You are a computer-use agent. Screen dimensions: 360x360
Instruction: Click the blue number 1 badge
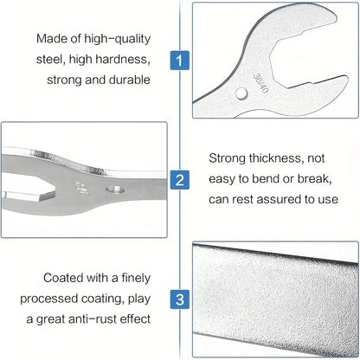pyautogui.click(x=179, y=61)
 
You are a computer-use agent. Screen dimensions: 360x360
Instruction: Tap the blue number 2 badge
pyautogui.click(x=179, y=180)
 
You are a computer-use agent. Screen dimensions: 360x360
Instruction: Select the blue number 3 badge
pyautogui.click(x=179, y=299)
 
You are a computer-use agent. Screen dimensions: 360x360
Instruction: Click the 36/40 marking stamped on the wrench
pyautogui.click(x=260, y=83)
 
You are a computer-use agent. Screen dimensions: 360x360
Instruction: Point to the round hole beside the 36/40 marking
pyautogui.click(x=241, y=93)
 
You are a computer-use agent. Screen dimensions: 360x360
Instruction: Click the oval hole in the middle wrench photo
pyautogui.click(x=115, y=190)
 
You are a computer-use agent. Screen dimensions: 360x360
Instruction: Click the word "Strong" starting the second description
pyautogui.click(x=227, y=158)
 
